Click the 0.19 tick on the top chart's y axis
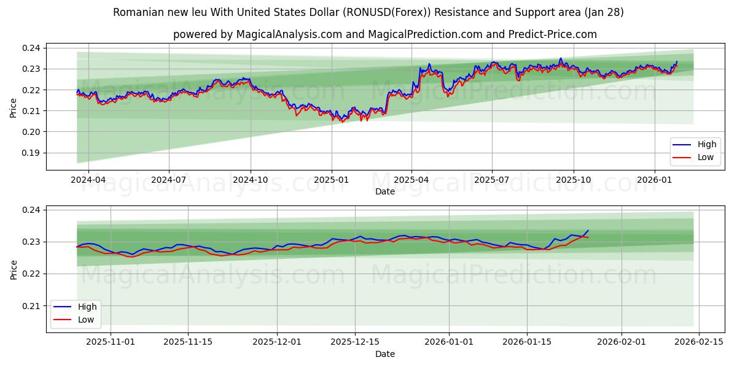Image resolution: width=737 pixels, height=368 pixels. (31, 153)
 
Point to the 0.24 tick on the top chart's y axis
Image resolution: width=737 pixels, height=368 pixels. (31, 48)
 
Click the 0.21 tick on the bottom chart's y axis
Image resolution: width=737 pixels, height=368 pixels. (31, 306)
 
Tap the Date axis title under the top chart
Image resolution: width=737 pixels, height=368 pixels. (385, 191)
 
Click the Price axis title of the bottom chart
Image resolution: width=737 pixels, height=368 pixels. (13, 269)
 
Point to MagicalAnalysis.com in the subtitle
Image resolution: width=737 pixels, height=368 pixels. (290, 34)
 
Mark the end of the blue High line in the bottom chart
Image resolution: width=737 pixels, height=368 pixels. (588, 231)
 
